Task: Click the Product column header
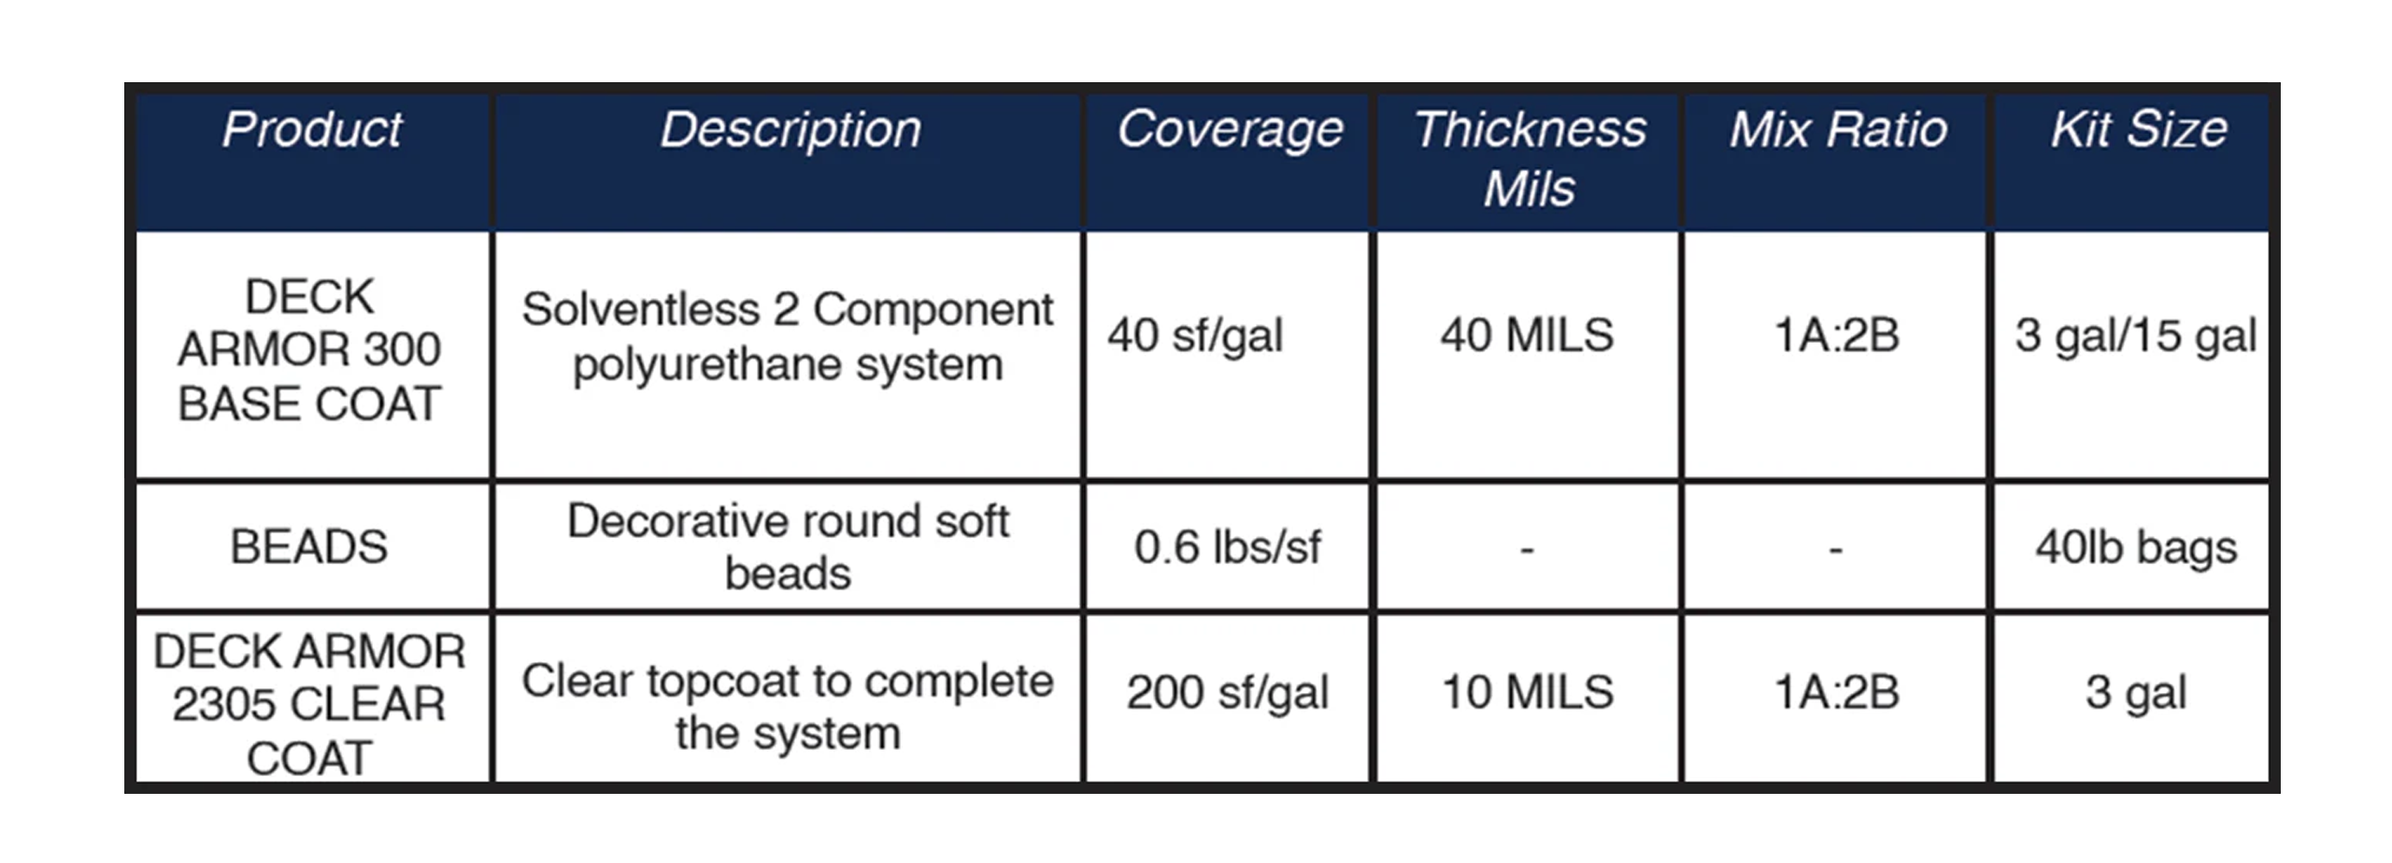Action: click(312, 129)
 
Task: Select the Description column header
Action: click(790, 131)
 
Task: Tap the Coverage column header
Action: click(1230, 131)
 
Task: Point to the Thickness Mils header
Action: click(1530, 158)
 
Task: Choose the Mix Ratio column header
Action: click(1838, 129)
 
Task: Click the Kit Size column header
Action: click(2139, 129)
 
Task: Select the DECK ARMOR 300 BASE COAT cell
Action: click(309, 350)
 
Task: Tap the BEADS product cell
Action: click(309, 546)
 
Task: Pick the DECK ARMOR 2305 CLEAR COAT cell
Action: click(309, 704)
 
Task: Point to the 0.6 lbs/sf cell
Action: click(1228, 547)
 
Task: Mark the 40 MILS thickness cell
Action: click(1527, 335)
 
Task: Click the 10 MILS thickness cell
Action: click(1528, 692)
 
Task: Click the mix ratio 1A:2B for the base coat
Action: click(1837, 335)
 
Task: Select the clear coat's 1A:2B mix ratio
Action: click(1837, 692)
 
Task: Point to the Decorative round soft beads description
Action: click(789, 546)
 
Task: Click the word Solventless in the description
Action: click(641, 309)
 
